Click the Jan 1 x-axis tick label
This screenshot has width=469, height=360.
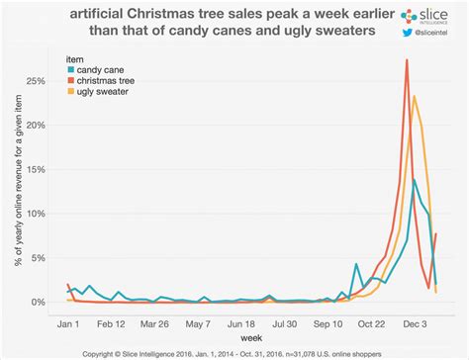[67, 322]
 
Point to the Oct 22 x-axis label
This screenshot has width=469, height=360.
[371, 322]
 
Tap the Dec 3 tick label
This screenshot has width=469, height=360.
[415, 322]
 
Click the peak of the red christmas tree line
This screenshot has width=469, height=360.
[407, 60]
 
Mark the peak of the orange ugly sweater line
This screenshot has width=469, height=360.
[415, 96]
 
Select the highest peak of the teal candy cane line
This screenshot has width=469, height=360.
[414, 180]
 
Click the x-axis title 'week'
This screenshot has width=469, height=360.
[250, 337]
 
